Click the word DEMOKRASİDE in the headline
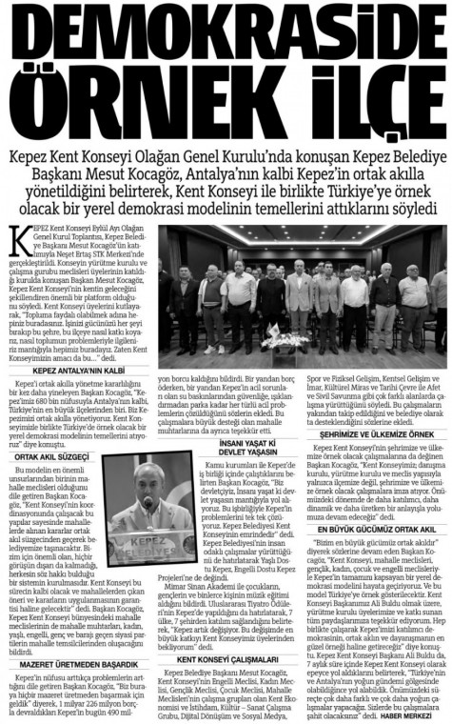226,38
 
